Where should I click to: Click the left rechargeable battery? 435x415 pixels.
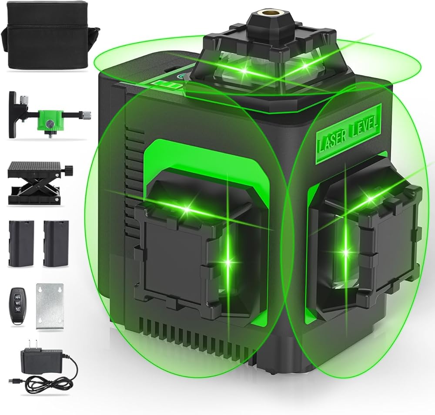(x=21, y=243)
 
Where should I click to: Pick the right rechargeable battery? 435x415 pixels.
(x=56, y=243)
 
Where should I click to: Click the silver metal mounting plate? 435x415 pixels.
(x=50, y=307)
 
